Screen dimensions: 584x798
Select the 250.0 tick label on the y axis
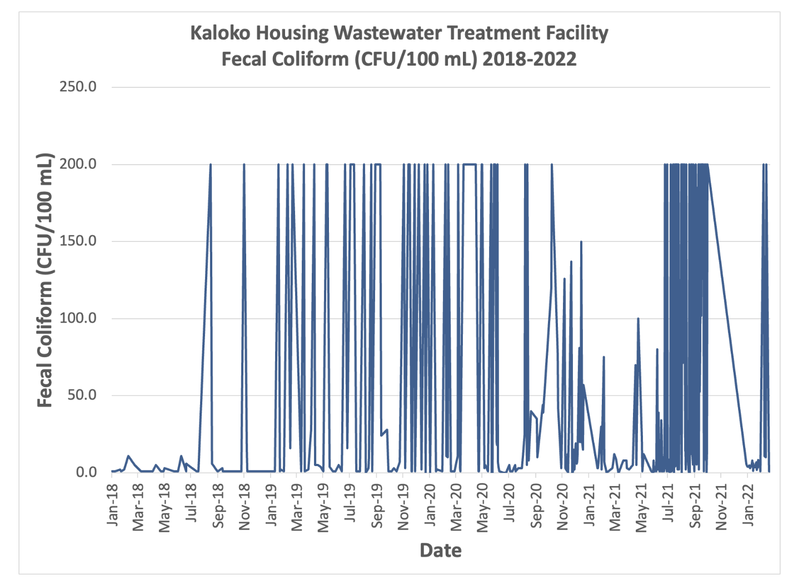78,87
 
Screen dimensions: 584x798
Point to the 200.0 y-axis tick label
78,164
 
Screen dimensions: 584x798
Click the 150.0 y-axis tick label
78,241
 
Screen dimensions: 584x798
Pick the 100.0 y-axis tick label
78,318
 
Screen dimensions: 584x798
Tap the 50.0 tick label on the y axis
81,395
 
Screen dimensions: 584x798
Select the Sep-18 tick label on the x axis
219,506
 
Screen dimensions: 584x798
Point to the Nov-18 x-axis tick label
245,506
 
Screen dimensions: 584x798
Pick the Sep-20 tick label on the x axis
536,506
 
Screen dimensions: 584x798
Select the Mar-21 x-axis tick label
616,506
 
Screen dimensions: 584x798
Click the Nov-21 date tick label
721,506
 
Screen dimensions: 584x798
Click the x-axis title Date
441,551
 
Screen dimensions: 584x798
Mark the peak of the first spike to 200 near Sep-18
210,165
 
